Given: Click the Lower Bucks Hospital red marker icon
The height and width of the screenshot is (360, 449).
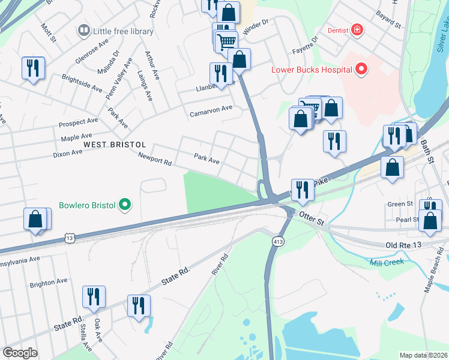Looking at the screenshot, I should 361,70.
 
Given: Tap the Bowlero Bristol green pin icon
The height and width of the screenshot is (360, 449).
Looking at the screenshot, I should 125,205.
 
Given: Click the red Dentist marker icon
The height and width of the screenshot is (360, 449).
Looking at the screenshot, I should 357,30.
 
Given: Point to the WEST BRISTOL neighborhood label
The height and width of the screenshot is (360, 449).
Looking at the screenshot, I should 115,145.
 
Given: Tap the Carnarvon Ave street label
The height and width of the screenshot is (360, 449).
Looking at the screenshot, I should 211,110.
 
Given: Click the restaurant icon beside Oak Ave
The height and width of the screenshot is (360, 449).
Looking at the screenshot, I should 94,296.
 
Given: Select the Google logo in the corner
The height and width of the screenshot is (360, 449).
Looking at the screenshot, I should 20,353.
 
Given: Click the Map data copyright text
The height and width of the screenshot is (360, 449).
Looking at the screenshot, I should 423,355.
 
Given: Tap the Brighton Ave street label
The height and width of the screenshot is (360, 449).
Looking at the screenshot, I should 49,281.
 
